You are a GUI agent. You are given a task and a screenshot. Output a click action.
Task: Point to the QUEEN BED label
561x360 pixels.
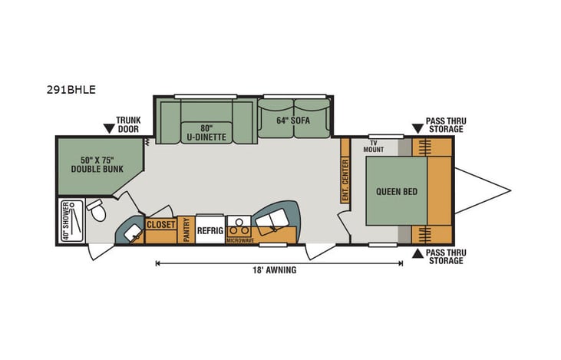coord(397,191)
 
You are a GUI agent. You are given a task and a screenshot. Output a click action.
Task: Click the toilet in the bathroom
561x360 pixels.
coord(96,209)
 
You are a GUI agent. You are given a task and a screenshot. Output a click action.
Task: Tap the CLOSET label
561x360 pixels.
coord(161,226)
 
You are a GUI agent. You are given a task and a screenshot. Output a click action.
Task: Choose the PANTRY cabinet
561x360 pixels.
coord(186,230)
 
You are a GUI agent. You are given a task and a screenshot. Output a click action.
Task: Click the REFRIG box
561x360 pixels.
coord(210,230)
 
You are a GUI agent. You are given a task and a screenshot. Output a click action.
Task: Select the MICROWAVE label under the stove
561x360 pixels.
coord(239,240)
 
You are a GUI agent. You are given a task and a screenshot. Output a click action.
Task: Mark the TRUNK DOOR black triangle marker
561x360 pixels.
coord(110,127)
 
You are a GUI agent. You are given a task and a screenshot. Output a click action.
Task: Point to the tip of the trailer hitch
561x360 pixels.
coord(510,191)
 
